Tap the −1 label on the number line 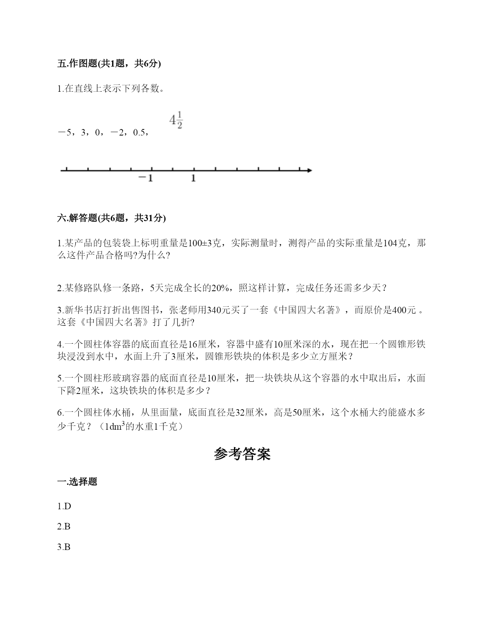click(x=145, y=178)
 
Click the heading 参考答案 click(x=242, y=454)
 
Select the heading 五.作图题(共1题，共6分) click(x=109, y=64)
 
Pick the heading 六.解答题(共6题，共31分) click(x=111, y=218)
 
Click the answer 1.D click(x=64, y=506)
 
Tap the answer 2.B click(x=64, y=526)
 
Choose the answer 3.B click(x=64, y=547)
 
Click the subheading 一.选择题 click(x=77, y=481)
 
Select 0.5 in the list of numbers click(x=139, y=132)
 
